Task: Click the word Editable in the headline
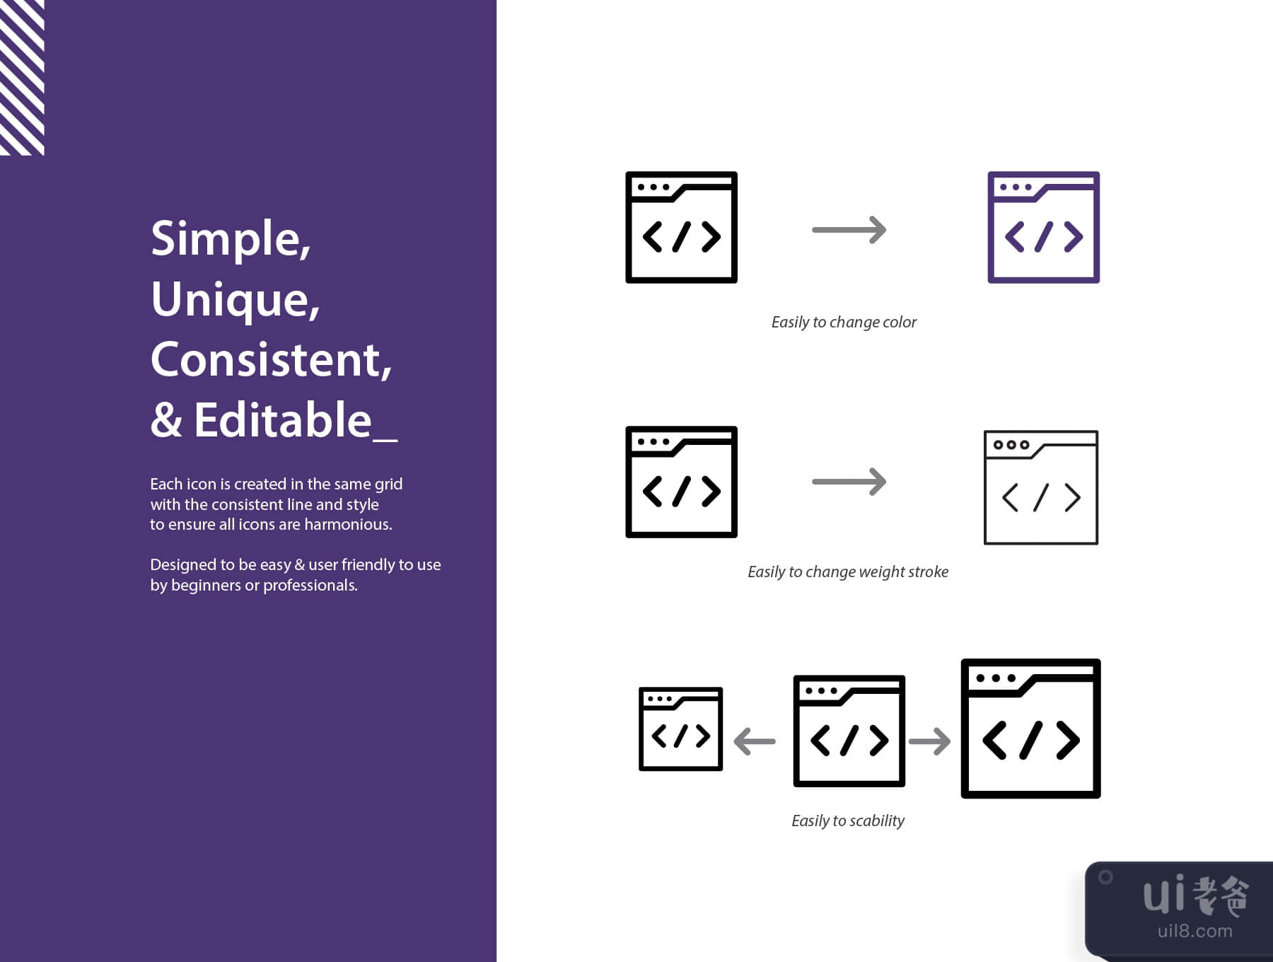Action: [283, 419]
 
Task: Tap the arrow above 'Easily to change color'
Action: [849, 230]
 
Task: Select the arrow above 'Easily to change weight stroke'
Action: [849, 482]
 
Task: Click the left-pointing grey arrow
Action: [755, 741]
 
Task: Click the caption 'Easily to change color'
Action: [844, 323]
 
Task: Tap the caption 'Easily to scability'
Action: [848, 821]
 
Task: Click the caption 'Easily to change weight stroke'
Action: [848, 572]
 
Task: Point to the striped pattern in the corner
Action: [22, 77]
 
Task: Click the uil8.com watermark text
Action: [1194, 931]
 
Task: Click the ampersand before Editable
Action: [166, 420]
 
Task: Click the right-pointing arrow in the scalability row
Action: [929, 741]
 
